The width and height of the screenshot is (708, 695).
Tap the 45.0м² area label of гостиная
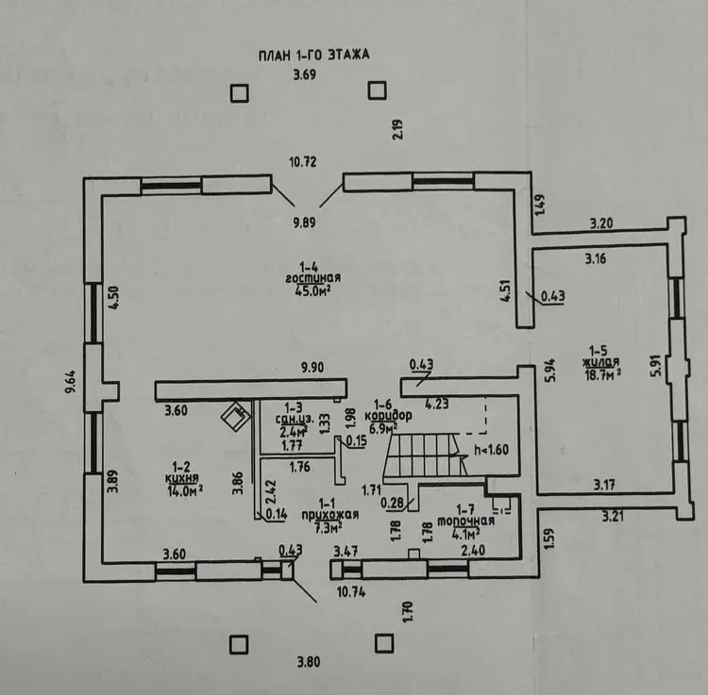click(x=312, y=291)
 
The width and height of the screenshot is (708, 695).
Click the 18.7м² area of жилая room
click(x=600, y=375)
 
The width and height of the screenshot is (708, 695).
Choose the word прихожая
click(x=329, y=515)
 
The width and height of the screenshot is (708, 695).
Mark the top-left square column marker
click(x=240, y=91)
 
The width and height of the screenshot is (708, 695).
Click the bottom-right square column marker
click(x=383, y=643)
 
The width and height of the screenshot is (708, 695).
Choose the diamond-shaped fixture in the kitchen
click(x=232, y=415)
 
